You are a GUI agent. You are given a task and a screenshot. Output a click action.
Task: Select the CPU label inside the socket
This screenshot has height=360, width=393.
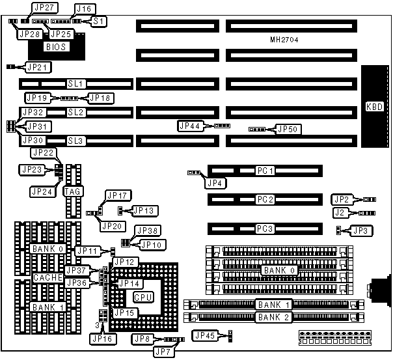tap(143, 296)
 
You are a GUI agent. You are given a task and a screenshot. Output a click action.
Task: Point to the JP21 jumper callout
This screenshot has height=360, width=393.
tap(38, 66)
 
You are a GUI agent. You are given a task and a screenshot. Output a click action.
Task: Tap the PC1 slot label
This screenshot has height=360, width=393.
tap(264, 171)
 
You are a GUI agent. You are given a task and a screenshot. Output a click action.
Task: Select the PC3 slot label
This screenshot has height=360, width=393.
tap(264, 228)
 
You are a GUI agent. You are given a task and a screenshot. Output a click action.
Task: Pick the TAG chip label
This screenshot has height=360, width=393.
tap(72, 191)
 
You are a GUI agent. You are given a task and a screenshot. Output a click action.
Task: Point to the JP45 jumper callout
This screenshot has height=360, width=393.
tap(206, 335)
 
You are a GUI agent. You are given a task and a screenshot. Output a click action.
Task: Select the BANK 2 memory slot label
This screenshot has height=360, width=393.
tap(269, 318)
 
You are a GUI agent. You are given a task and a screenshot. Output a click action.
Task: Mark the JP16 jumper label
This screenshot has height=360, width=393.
tap(103, 339)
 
